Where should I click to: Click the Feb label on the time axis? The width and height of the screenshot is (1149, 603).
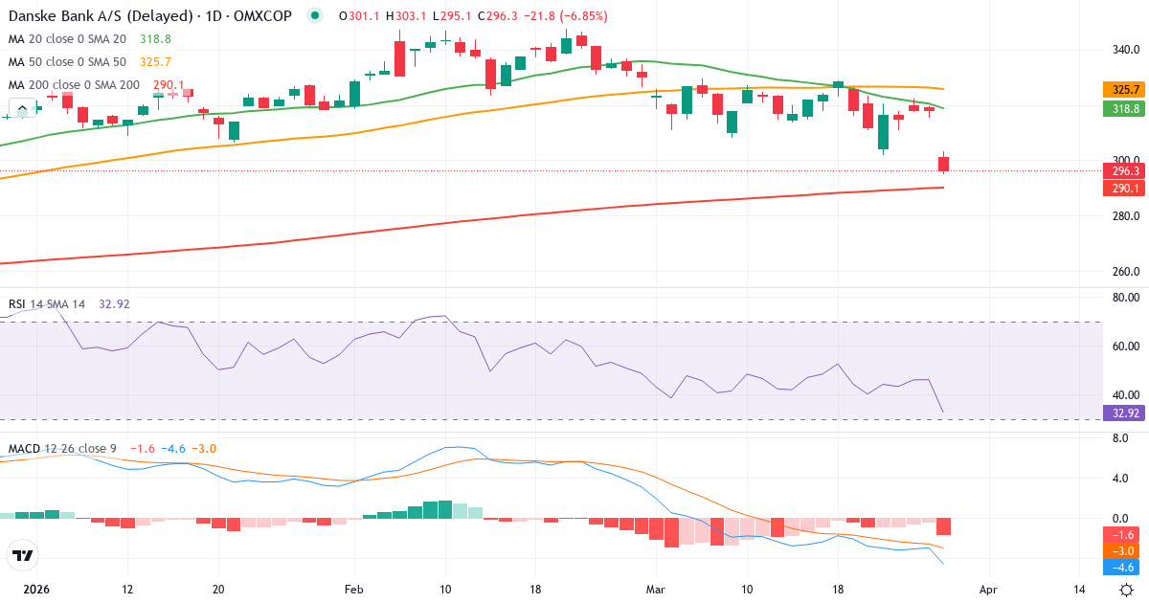(x=354, y=590)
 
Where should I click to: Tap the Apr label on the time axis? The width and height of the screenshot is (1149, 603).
(x=989, y=590)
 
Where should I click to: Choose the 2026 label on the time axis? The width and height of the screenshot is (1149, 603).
(x=35, y=590)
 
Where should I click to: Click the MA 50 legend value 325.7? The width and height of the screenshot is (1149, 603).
(x=154, y=61)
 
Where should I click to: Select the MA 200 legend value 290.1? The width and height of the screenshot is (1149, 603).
(x=169, y=84)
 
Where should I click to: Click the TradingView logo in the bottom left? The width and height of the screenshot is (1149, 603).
(x=22, y=555)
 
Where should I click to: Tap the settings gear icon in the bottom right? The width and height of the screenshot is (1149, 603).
(x=1127, y=590)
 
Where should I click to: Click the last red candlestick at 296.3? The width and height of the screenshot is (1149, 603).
(x=943, y=164)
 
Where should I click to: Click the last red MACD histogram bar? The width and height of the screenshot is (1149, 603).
(x=943, y=526)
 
